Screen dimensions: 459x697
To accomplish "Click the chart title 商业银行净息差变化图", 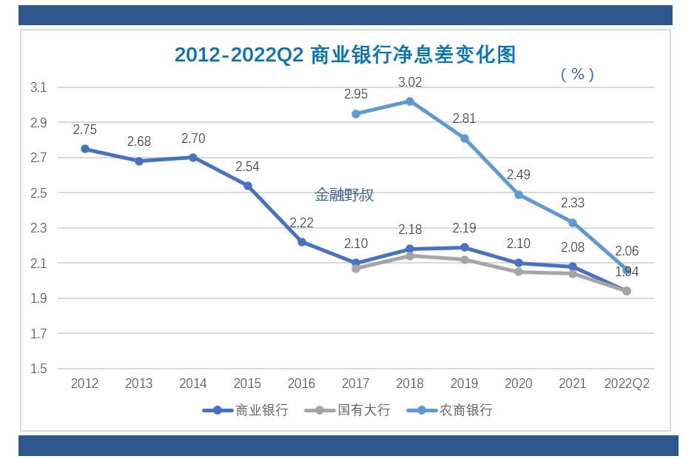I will tap(345, 55).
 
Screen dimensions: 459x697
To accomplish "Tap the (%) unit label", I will tap(577, 74).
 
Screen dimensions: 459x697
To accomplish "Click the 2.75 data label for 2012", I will tap(85, 130).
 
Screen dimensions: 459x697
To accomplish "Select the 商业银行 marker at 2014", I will tap(193, 158).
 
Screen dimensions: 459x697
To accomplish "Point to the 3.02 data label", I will tap(410, 82).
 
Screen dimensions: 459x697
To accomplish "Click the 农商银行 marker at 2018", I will tap(410, 101).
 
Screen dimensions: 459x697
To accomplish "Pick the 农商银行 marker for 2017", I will tap(356, 114).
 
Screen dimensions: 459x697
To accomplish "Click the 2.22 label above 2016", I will tap(302, 223).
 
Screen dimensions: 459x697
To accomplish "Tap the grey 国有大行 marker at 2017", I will tap(356, 269).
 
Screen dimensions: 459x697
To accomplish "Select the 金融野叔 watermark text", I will tap(344, 195).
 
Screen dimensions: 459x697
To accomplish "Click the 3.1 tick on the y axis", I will tap(38, 87).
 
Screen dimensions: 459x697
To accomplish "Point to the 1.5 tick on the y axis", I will tap(38, 369).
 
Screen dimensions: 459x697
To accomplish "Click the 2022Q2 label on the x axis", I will tap(627, 383).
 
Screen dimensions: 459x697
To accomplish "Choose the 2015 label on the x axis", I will tap(247, 383).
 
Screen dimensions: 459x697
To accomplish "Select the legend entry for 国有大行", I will tap(347, 410).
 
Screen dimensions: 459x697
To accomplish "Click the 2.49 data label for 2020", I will tap(519, 175).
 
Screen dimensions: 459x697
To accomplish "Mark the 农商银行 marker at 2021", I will tap(573, 223).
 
